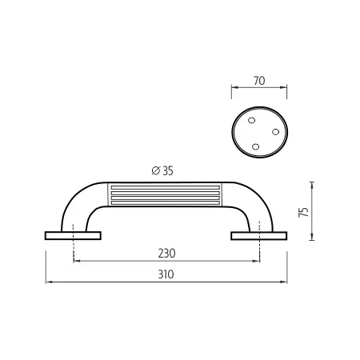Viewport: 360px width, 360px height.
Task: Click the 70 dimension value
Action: point(259,81)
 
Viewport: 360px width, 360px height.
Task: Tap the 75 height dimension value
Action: point(304,212)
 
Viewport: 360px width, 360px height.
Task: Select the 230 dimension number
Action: point(166,254)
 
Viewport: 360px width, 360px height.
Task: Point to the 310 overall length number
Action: point(166,274)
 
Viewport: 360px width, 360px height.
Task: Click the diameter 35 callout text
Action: point(162,170)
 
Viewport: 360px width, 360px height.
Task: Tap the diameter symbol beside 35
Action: point(155,170)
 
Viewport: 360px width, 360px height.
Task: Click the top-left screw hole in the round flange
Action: point(251,120)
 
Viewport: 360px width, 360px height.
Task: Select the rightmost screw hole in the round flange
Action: point(275,132)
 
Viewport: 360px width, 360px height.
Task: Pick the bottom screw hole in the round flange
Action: point(255,146)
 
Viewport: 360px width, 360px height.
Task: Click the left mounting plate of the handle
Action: point(73,236)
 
